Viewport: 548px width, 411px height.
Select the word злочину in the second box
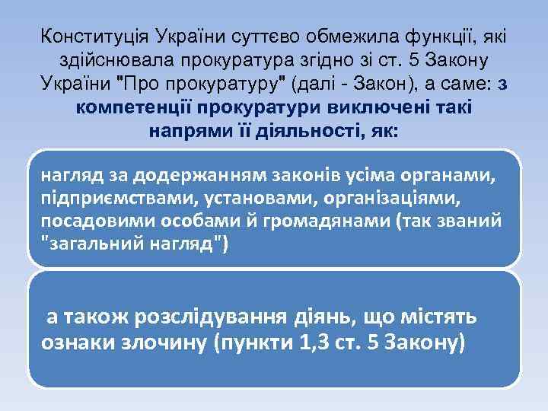pyautogui.click(x=164, y=342)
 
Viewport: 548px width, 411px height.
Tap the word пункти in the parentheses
pyautogui.click(x=254, y=342)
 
